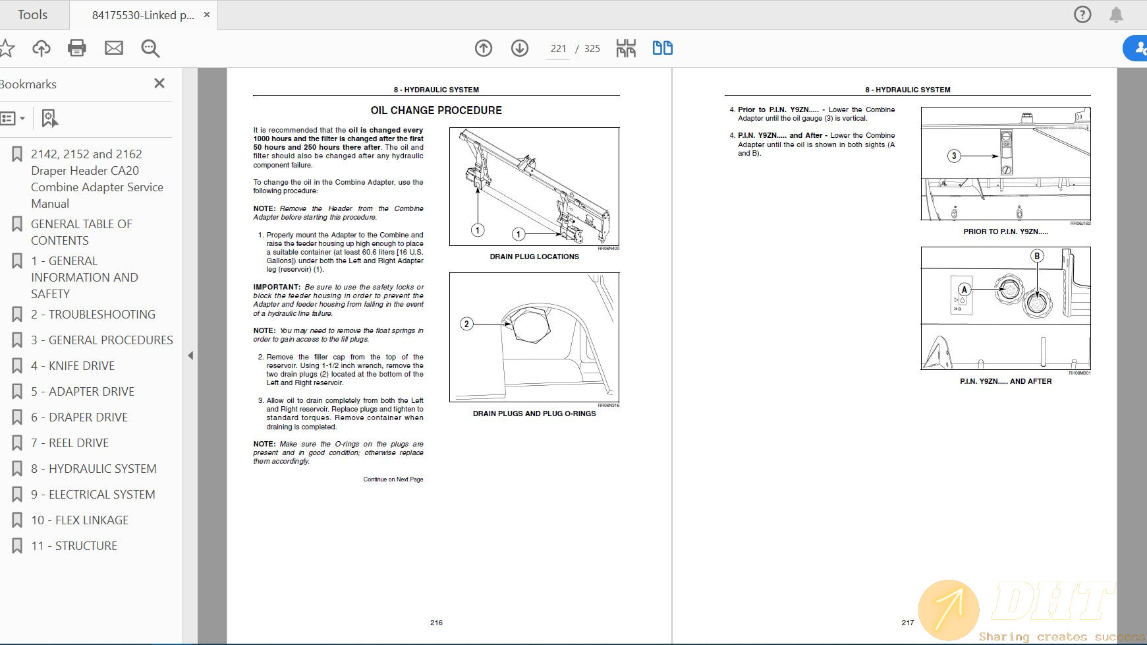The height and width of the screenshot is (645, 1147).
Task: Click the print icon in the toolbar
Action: coord(77,47)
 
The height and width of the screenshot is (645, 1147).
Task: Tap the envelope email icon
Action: coord(114,47)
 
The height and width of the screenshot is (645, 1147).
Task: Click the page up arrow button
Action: coord(484,47)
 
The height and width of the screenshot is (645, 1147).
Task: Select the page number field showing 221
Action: coord(558,48)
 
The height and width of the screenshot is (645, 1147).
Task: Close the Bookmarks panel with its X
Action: coord(159,83)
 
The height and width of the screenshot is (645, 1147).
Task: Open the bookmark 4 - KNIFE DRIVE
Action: coord(82,365)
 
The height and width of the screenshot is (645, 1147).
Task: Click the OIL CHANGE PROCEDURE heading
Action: coord(436,110)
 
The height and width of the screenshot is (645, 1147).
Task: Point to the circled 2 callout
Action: coord(466,323)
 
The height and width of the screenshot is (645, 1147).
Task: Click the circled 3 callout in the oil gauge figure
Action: coord(954,156)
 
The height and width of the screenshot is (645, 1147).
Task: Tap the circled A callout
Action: coord(965,289)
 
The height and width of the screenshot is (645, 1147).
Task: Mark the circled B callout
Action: coord(1037,256)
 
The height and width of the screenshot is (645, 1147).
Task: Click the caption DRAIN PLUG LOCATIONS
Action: coord(534,257)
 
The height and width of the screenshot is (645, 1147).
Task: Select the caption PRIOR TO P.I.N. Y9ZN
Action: coord(1005,231)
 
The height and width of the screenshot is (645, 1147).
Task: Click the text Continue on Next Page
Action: coord(393,479)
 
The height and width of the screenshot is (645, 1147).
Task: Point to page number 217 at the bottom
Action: coord(907,623)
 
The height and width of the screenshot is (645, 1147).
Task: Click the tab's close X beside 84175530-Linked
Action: coord(207,15)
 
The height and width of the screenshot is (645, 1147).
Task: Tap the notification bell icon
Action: coord(1116,15)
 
